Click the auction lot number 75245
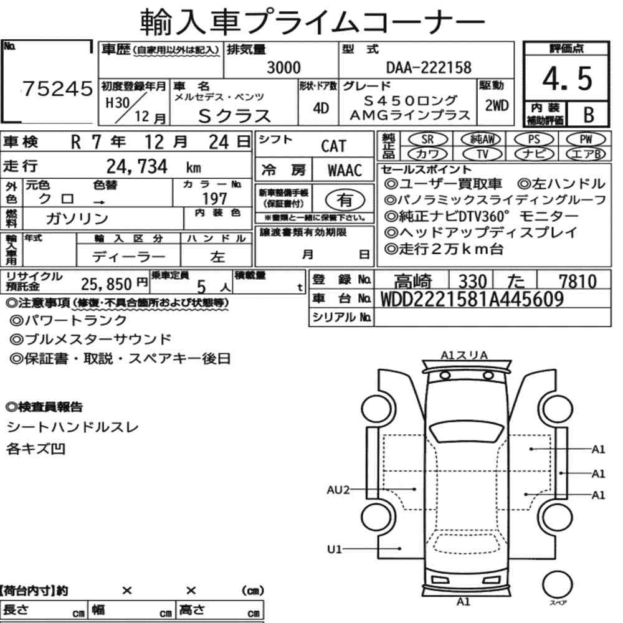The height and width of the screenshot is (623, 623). click(x=57, y=88)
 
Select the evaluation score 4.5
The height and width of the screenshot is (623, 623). click(x=567, y=78)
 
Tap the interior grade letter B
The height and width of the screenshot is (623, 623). click(x=589, y=115)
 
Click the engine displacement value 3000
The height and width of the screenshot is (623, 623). click(x=283, y=67)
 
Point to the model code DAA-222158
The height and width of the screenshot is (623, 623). click(x=429, y=67)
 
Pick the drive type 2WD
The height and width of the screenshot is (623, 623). click(x=497, y=105)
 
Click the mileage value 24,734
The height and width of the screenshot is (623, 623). click(x=137, y=166)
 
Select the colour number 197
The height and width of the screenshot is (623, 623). click(x=214, y=198)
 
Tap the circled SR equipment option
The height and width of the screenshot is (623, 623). click(x=428, y=140)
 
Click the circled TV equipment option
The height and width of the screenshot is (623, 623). click(x=482, y=154)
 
